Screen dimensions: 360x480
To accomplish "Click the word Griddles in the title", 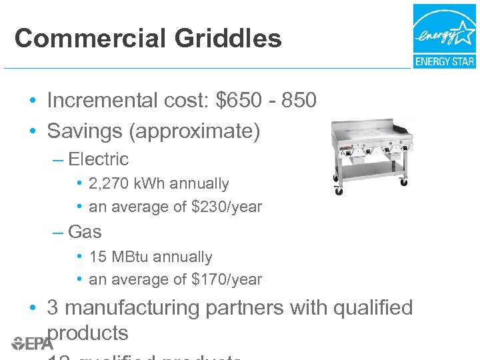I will (x=228, y=39).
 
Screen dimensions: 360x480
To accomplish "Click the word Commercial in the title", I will (x=91, y=39).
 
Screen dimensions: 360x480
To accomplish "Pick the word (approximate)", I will (x=197, y=131).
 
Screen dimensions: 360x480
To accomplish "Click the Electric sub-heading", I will (x=98, y=159).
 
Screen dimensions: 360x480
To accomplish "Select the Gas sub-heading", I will (x=85, y=232).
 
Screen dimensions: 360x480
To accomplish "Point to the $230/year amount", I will (x=227, y=207).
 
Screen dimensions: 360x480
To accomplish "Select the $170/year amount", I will (x=227, y=280).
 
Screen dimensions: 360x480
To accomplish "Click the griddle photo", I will (x=369, y=157).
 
